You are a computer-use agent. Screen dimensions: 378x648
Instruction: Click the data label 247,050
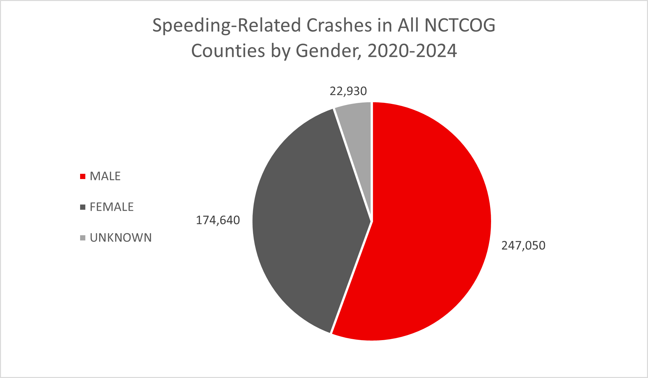[523, 245]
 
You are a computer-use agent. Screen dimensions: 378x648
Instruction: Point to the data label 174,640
[218, 220]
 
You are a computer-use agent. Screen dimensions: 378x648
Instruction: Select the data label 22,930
[348, 91]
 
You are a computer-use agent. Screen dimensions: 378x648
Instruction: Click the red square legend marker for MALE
[83, 176]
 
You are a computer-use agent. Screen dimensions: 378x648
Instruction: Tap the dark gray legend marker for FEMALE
[83, 207]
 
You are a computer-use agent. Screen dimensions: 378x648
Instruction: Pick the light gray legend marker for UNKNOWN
[83, 238]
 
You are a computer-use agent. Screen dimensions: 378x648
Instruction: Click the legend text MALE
[105, 176]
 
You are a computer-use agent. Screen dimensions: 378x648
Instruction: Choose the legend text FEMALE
[111, 207]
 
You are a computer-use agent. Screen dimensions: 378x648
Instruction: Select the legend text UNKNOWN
[121, 238]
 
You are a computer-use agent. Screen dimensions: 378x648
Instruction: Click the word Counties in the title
[228, 51]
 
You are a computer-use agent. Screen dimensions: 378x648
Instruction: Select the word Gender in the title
[328, 51]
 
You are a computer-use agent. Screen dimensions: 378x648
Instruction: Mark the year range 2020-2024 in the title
[412, 51]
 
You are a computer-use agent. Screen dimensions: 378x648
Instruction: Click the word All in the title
[408, 25]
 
